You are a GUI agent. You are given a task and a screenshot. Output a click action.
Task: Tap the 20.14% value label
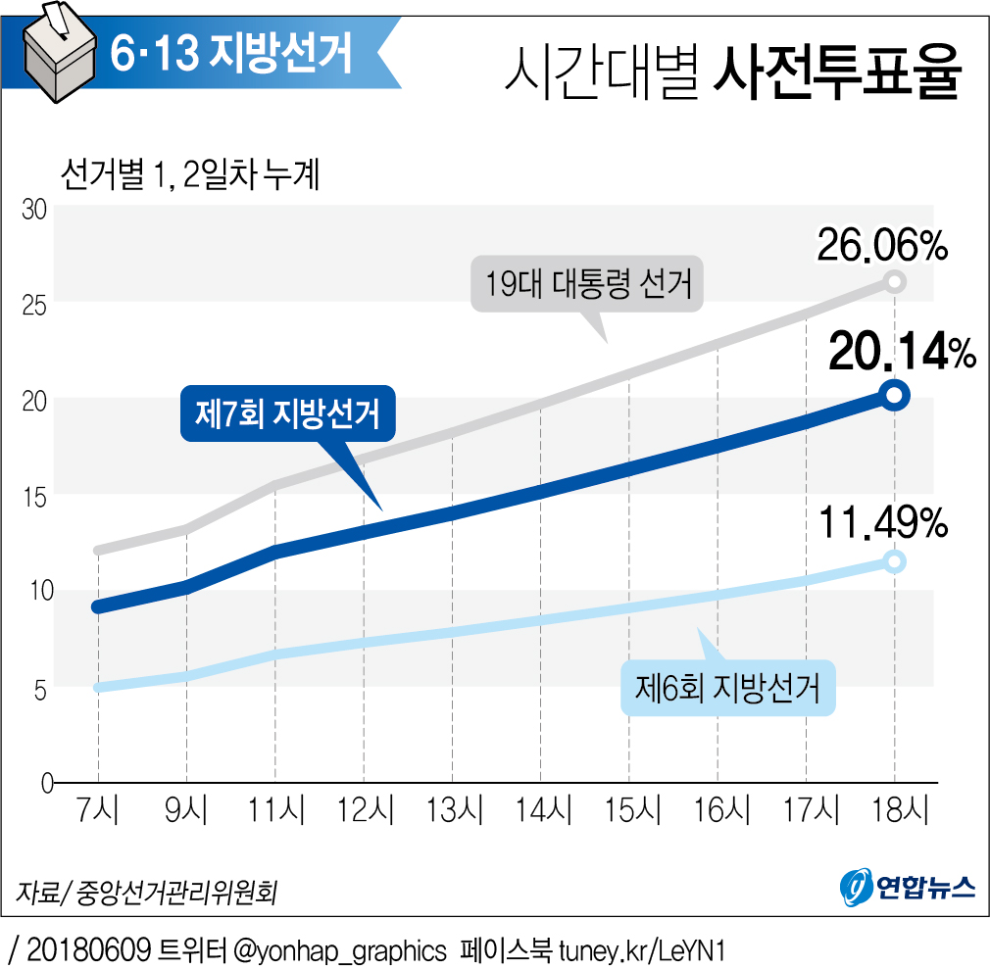click(902, 353)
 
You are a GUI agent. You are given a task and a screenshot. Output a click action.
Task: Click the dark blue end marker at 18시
click(894, 396)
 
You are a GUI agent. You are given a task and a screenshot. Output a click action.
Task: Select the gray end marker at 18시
click(894, 282)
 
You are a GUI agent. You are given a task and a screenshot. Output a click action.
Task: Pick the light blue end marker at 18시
click(894, 561)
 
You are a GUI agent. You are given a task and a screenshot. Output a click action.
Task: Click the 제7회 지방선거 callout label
click(287, 414)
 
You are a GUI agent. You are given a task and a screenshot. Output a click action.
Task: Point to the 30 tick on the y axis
click(36, 209)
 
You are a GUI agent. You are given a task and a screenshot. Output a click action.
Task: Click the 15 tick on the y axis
click(36, 497)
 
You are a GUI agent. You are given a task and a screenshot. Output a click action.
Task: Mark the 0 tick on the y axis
click(45, 784)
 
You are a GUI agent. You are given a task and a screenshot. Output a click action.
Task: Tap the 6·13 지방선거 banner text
click(231, 54)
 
